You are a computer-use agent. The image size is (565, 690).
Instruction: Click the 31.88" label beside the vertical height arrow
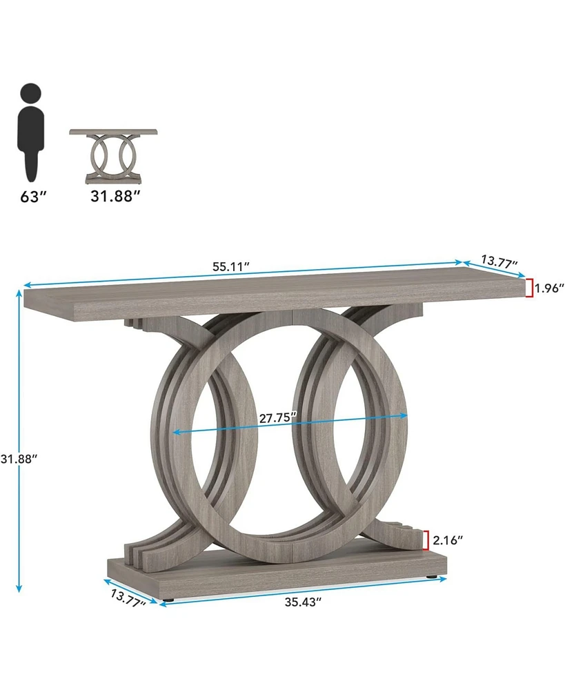pyautogui.click(x=19, y=457)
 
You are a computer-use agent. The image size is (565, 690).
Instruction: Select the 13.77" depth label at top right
pyautogui.click(x=499, y=261)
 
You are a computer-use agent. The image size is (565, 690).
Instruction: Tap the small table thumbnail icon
pyautogui.click(x=113, y=156)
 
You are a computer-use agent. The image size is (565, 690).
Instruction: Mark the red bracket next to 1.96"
pyautogui.click(x=529, y=287)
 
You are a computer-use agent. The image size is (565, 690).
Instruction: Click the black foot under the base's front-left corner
pyautogui.click(x=168, y=600)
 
